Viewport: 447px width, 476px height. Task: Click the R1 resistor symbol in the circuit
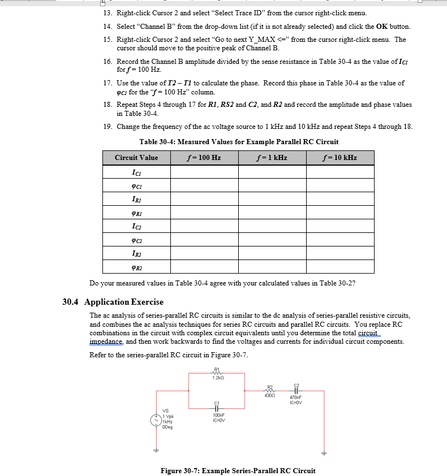pos(216,373)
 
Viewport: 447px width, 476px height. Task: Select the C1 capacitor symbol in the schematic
pos(216,408)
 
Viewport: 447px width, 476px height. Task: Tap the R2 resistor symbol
pos(270,390)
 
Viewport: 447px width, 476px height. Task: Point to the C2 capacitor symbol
pos(296,390)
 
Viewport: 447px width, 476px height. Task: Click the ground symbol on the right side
pos(324,452)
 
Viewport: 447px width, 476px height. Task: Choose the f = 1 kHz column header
pos(272,158)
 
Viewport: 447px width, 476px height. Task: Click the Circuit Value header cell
pos(136,158)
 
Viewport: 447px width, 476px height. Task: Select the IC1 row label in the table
pos(136,172)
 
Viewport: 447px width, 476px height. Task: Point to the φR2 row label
pos(136,267)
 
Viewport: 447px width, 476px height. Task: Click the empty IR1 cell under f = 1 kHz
pos(272,199)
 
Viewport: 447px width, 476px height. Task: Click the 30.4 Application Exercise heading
pos(113,302)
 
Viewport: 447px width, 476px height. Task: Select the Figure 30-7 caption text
pos(238,470)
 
